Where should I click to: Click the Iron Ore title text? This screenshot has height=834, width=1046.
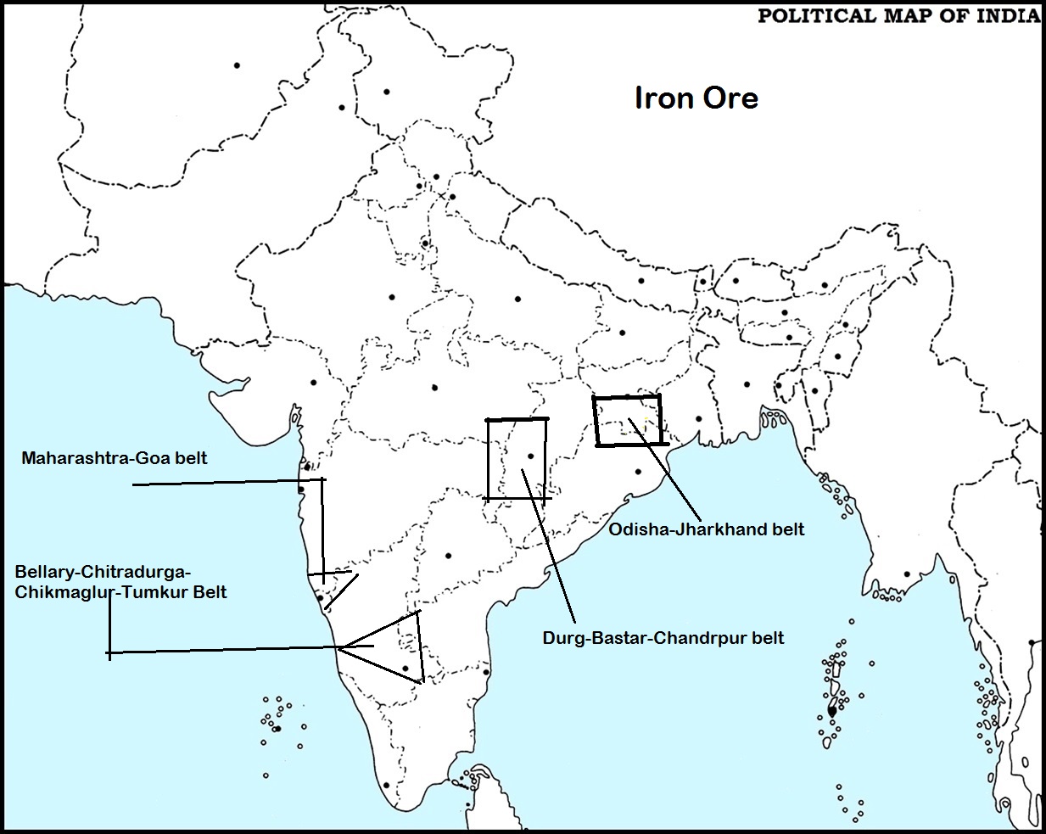(696, 98)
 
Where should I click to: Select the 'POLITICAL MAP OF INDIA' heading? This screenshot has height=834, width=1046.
(898, 16)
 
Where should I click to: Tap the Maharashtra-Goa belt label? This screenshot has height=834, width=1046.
(115, 458)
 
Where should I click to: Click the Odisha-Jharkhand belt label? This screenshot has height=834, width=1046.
(707, 529)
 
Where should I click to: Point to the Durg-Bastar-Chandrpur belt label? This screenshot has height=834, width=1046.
(663, 637)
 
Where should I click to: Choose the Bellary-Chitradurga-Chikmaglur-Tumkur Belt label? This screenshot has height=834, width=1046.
(120, 580)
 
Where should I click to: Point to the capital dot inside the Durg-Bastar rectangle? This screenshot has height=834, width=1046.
(530, 456)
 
